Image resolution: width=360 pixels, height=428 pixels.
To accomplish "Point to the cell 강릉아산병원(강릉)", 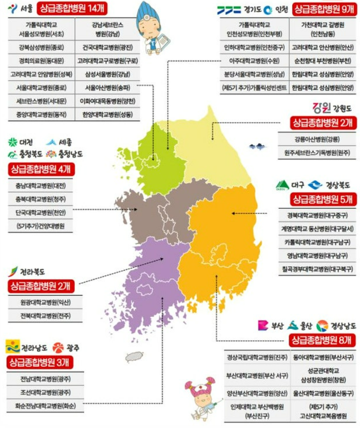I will (x=317, y=139).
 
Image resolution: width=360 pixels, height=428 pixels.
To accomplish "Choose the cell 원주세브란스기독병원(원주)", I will (x=317, y=152).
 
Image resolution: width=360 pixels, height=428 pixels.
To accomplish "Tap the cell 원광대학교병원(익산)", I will (x=45, y=302).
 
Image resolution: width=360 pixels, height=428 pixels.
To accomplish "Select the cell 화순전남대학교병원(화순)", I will (x=45, y=405).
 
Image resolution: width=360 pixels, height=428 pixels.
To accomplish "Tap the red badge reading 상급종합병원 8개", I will (x=320, y=340).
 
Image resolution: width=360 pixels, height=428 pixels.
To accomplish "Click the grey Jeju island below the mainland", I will (x=135, y=356).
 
